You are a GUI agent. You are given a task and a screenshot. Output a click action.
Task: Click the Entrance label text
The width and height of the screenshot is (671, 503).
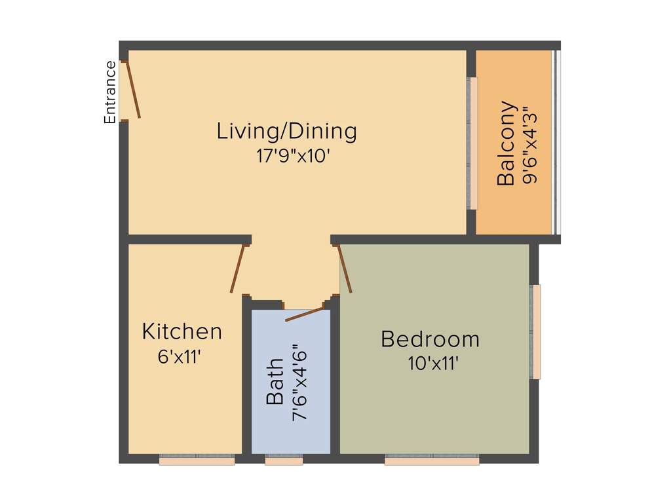[x=110, y=92]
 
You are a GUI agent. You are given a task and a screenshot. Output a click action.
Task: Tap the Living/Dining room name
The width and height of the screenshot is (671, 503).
[x=287, y=131]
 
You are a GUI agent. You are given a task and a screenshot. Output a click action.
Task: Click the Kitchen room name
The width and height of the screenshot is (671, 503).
[x=182, y=331]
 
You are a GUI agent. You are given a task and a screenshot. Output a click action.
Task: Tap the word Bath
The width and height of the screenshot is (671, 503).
[x=275, y=381]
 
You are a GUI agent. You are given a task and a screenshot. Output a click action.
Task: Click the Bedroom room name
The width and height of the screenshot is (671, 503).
[x=430, y=339]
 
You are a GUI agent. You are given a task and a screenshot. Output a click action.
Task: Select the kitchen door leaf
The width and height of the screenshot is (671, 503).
[x=238, y=269]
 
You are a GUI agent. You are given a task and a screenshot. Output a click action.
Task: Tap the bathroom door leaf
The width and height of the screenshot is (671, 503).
[x=305, y=314]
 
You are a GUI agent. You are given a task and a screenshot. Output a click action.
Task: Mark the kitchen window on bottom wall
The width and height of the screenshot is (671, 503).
[x=197, y=460]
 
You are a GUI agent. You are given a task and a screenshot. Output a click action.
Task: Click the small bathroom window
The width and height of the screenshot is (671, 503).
[x=284, y=460]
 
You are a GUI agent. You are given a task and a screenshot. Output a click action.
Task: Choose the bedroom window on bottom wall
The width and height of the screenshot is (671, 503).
[x=431, y=460]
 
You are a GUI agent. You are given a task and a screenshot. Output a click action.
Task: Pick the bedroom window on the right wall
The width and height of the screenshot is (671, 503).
[x=535, y=331]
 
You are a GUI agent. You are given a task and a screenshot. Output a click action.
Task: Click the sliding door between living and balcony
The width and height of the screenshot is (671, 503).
[x=472, y=143]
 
